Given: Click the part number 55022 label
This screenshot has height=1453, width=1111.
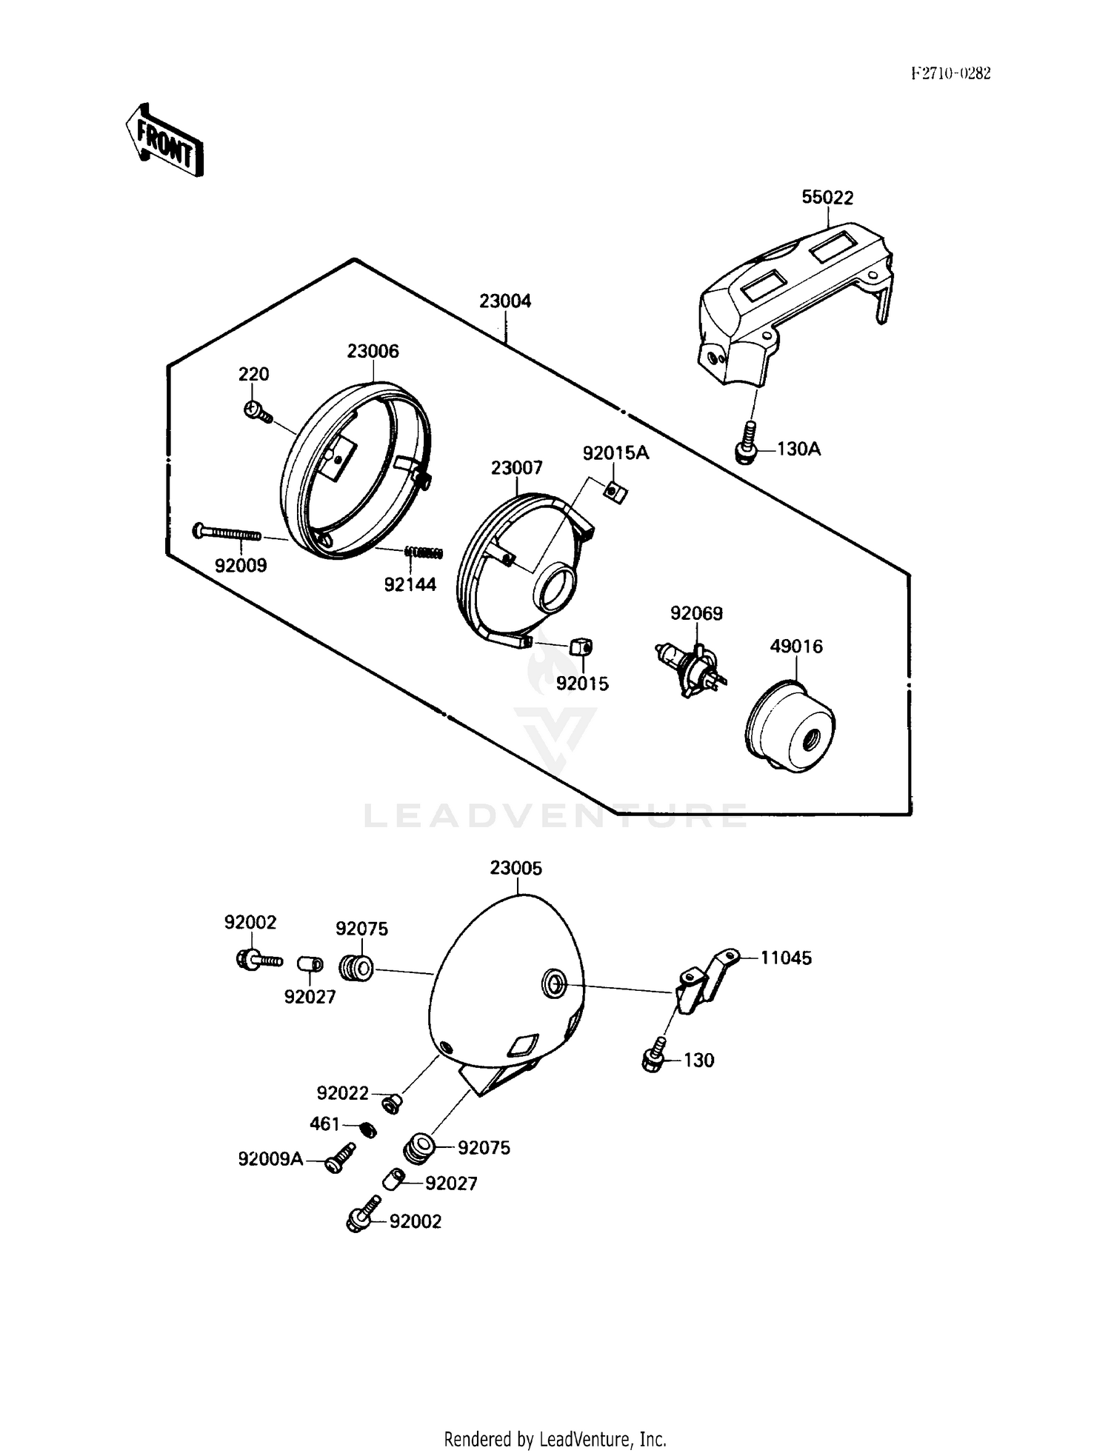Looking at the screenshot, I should [827, 198].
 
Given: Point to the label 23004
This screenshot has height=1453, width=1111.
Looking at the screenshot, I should [505, 301].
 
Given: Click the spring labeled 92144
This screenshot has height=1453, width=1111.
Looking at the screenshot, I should [424, 552].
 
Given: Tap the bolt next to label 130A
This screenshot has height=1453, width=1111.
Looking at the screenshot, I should [746, 444].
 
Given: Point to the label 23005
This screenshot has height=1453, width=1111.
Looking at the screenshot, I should [516, 868].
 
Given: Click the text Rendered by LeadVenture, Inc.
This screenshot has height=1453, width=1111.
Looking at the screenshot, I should [555, 1439].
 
